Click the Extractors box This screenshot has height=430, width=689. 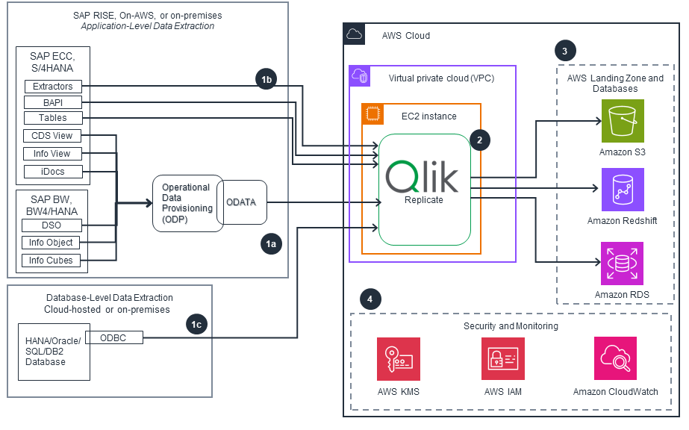pyautogui.click(x=52, y=87)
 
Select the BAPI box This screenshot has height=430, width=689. pyautogui.click(x=52, y=102)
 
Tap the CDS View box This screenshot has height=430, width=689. pyautogui.click(x=52, y=136)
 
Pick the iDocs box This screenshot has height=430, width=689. pyautogui.click(x=52, y=172)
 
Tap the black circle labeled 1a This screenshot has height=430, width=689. pyautogui.click(x=270, y=243)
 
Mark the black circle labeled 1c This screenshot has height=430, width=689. pyautogui.click(x=196, y=324)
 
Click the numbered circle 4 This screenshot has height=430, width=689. pyautogui.click(x=369, y=299)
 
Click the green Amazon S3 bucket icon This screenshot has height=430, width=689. pyautogui.click(x=623, y=121)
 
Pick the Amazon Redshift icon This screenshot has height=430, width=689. pyautogui.click(x=623, y=190)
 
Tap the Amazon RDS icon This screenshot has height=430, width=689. pyautogui.click(x=623, y=263)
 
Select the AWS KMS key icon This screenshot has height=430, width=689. pyautogui.click(x=399, y=359)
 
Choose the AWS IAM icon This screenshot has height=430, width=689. pyautogui.click(x=503, y=359)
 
